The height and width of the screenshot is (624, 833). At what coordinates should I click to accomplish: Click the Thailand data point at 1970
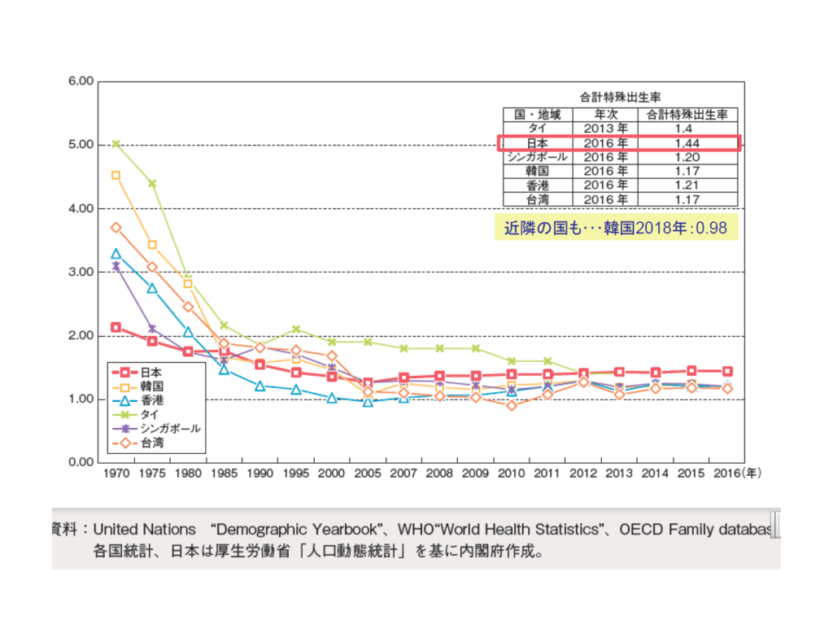[x=116, y=144]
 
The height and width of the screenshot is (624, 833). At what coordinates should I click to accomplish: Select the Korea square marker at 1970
[x=116, y=175]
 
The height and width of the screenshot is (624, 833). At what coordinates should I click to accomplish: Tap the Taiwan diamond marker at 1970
[x=116, y=228]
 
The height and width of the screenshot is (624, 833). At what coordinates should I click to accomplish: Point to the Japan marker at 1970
[x=116, y=327]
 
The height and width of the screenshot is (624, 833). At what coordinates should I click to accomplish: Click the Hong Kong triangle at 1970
[x=116, y=254]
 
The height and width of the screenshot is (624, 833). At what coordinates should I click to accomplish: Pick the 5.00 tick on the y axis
[x=81, y=145]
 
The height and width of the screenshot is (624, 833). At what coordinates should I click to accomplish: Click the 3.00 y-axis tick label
[x=81, y=272]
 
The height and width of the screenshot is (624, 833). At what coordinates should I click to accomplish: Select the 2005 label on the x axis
[x=368, y=472]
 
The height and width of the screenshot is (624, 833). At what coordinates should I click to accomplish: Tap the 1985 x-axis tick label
[x=224, y=472]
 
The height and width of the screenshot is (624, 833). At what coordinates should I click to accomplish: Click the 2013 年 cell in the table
[x=605, y=129]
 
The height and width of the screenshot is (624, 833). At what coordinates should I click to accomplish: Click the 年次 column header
[x=605, y=115]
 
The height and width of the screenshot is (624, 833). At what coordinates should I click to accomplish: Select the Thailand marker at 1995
[x=296, y=329]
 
